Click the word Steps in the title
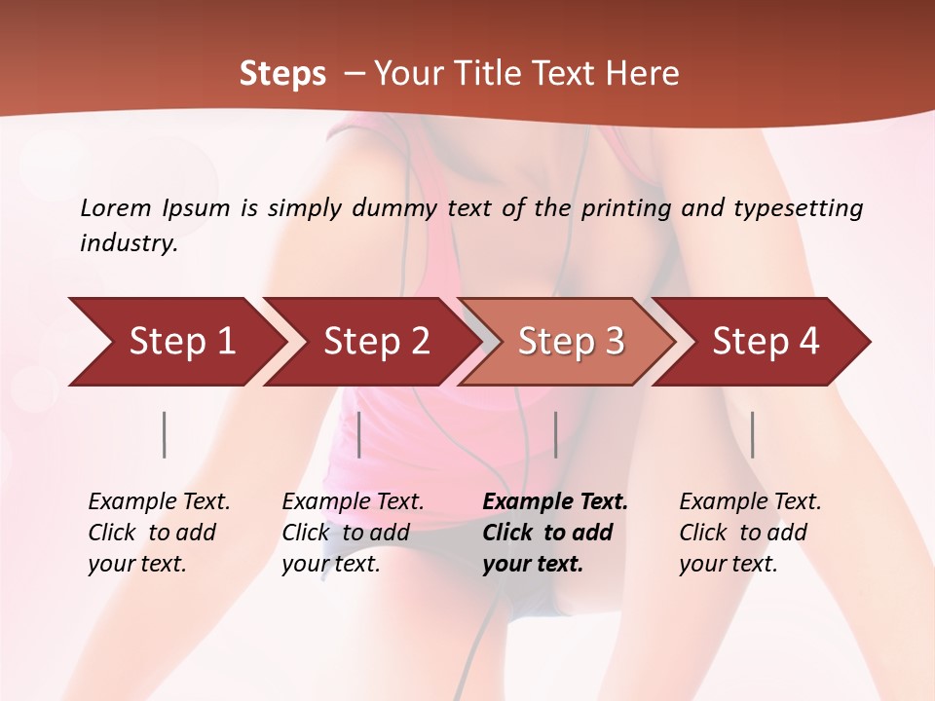(x=282, y=73)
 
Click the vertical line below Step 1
(x=165, y=434)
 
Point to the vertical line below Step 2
(x=359, y=434)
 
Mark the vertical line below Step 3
(x=555, y=434)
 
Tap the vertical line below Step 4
(x=752, y=434)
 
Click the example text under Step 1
(x=159, y=533)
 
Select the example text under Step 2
(x=353, y=533)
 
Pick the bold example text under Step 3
(x=555, y=533)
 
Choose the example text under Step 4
(x=750, y=533)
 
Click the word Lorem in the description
(x=116, y=208)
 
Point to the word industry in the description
(x=129, y=243)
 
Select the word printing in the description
(x=626, y=208)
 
